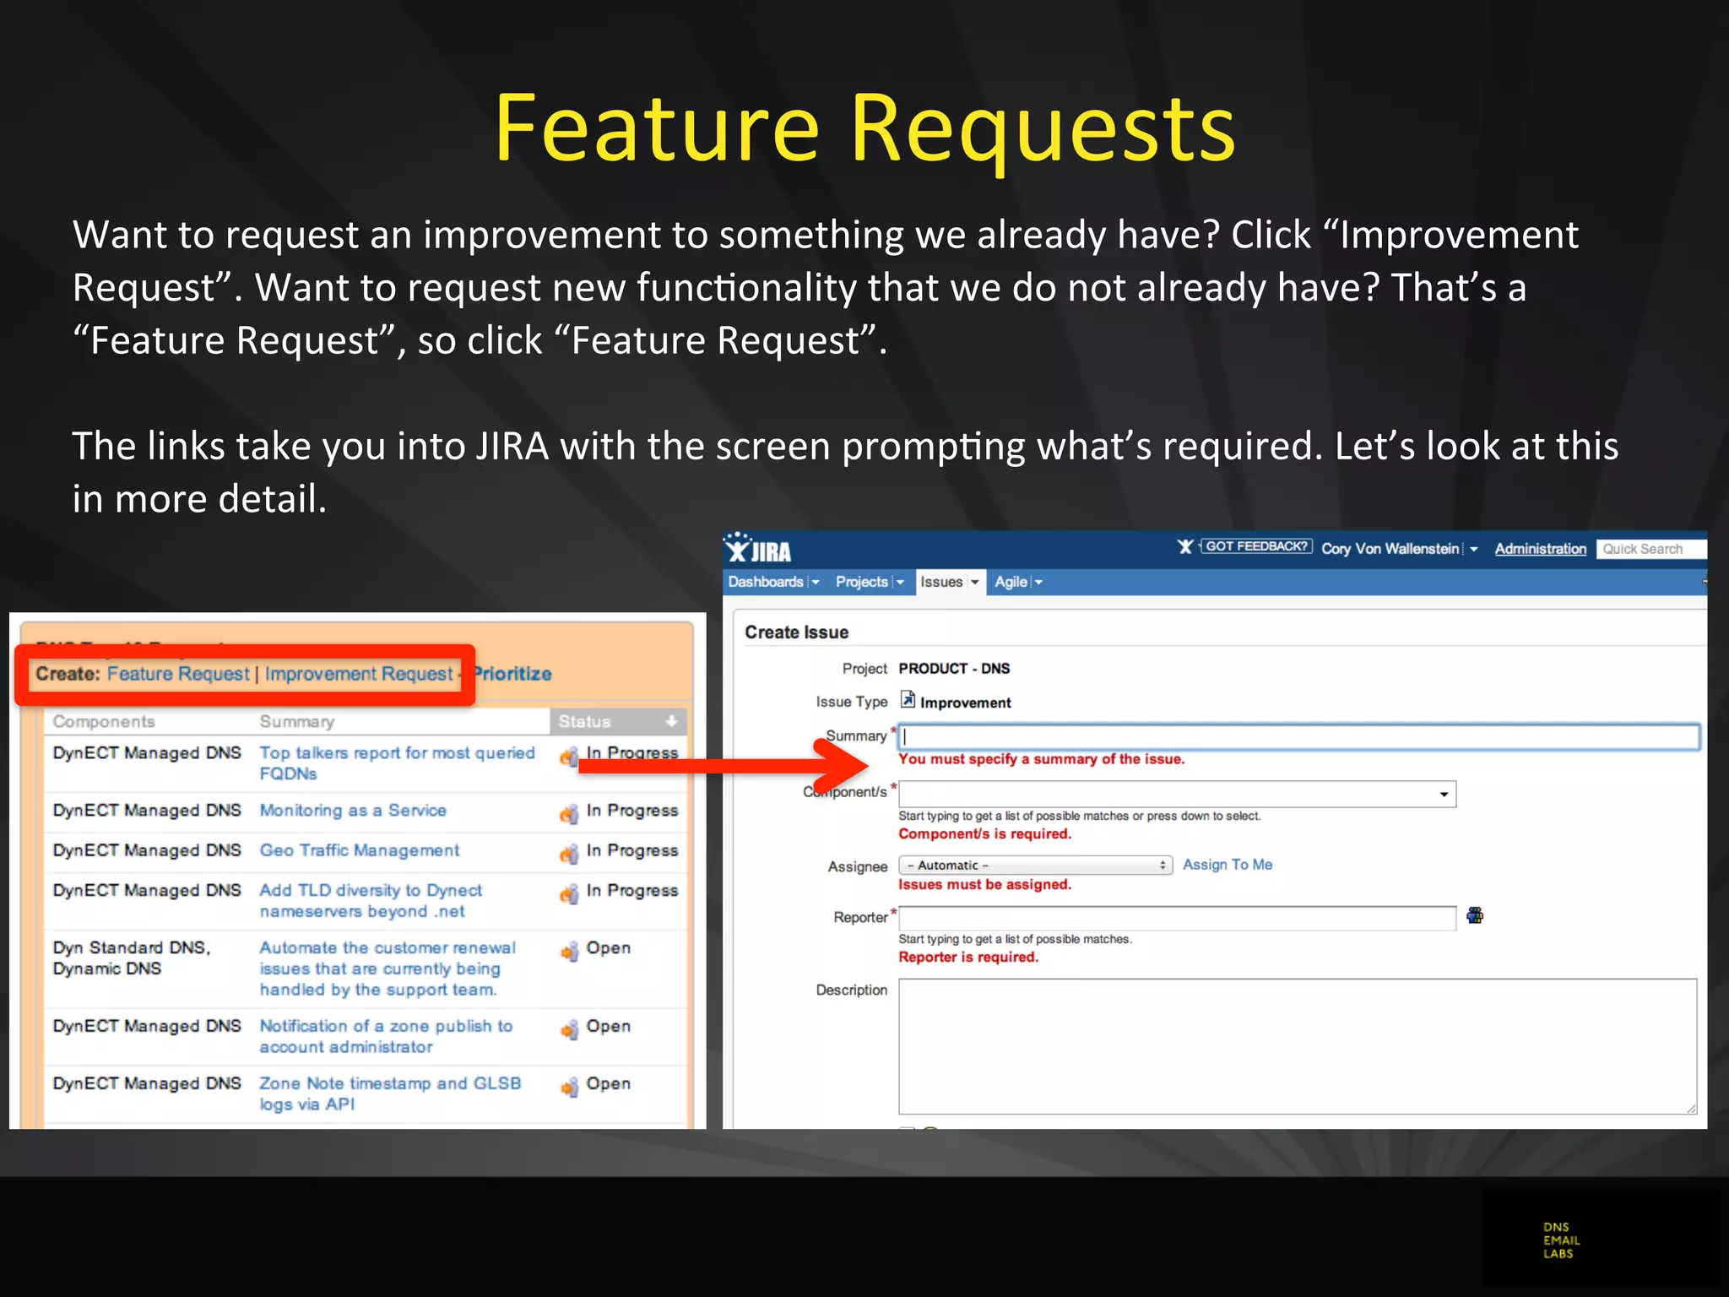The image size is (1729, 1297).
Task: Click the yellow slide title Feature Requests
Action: point(864,128)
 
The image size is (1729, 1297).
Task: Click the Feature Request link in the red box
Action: point(178,674)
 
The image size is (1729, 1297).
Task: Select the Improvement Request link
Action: point(359,674)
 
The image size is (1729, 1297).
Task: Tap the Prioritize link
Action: point(512,674)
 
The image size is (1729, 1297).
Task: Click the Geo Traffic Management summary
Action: point(360,850)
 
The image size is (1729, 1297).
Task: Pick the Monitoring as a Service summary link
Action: point(353,811)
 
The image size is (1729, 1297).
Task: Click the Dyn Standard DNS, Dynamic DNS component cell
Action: point(132,958)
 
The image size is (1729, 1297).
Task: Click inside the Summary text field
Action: point(1298,737)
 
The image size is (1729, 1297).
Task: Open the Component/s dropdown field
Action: point(1177,794)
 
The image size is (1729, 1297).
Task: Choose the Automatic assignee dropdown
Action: point(1035,866)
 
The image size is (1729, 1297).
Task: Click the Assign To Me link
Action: point(1227,865)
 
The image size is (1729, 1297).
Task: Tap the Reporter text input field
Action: point(1177,918)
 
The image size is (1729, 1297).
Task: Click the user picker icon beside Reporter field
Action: point(1475,915)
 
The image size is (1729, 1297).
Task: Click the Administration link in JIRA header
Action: point(1540,549)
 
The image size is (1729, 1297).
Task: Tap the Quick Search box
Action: point(1650,549)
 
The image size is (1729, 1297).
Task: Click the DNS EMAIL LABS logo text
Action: point(1561,1240)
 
